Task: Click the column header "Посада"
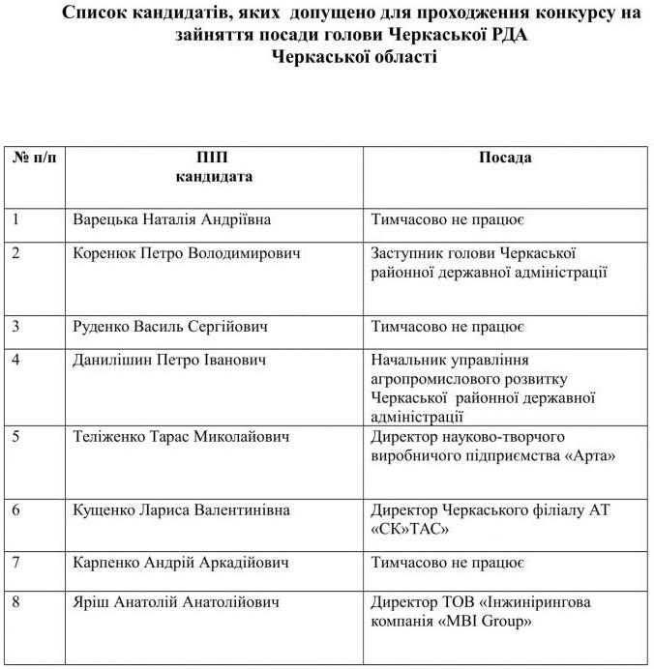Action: pyautogui.click(x=505, y=158)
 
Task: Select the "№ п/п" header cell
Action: pyautogui.click(x=34, y=158)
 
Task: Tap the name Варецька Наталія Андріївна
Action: pyautogui.click(x=172, y=219)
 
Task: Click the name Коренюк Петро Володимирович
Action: pyautogui.click(x=187, y=253)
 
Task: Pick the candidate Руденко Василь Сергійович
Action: pyautogui.click(x=170, y=327)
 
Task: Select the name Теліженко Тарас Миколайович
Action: pyautogui.click(x=182, y=437)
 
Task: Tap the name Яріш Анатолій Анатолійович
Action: pyautogui.click(x=176, y=601)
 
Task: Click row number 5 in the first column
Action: pyautogui.click(x=16, y=437)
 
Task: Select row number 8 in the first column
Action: pyautogui.click(x=16, y=601)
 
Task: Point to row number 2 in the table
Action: pyautogui.click(x=16, y=253)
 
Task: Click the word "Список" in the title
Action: pyautogui.click(x=96, y=15)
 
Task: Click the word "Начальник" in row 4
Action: pyautogui.click(x=408, y=360)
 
